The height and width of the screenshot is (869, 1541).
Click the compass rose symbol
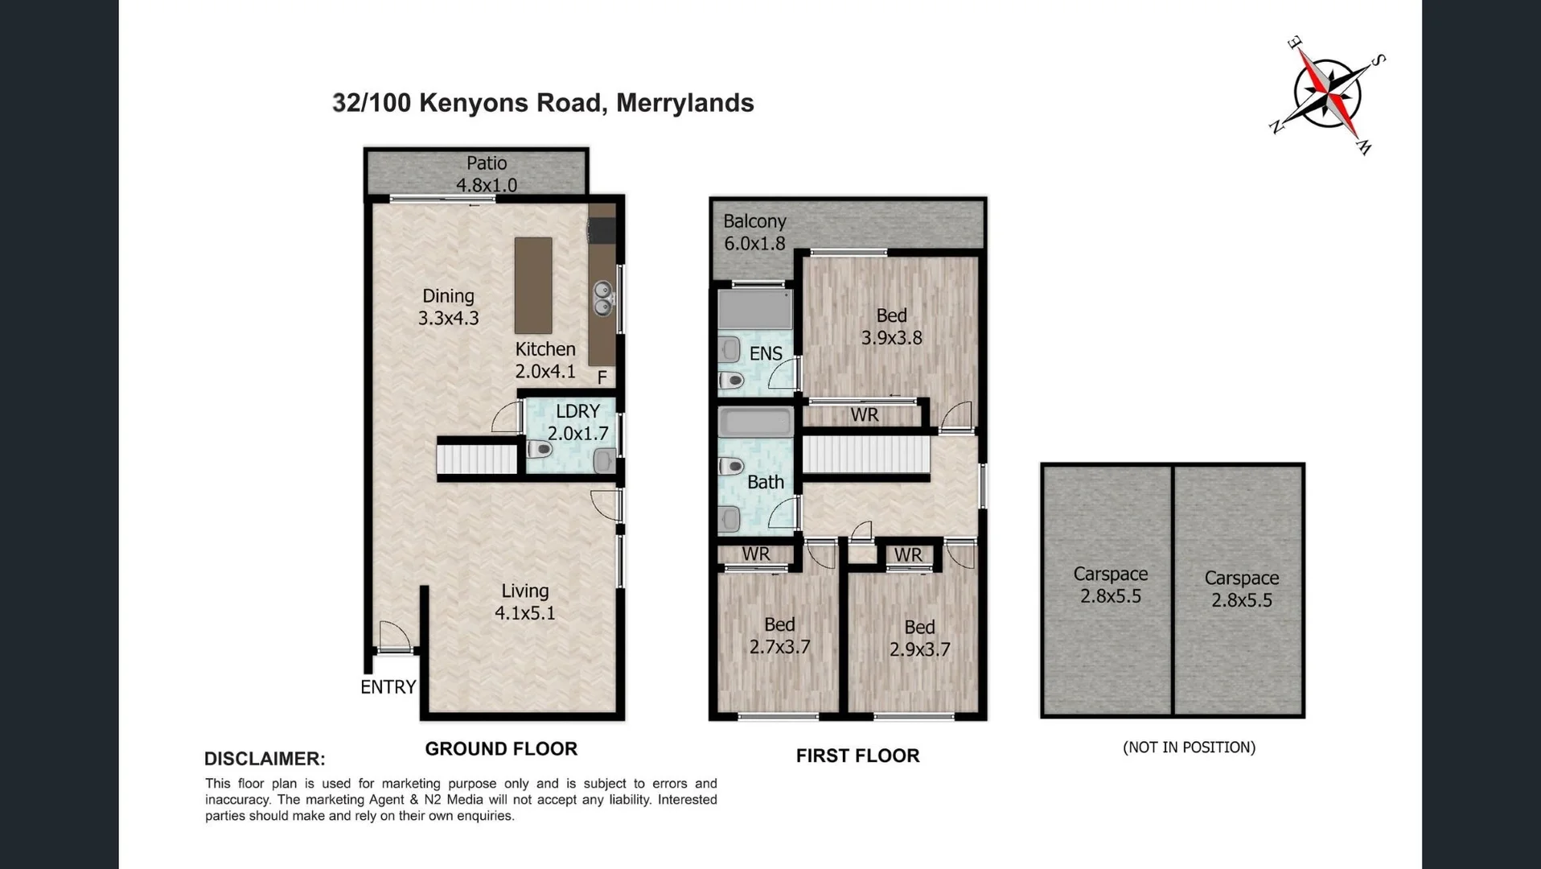point(1329,95)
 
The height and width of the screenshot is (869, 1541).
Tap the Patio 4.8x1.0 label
point(486,174)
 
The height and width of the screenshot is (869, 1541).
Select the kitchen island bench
point(533,285)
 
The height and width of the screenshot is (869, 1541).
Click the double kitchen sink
point(602,298)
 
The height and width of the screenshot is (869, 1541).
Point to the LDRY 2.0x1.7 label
point(577,422)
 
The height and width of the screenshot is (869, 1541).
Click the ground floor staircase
point(477,459)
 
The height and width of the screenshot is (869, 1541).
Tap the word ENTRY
point(388,687)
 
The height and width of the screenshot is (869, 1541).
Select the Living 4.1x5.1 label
point(524,602)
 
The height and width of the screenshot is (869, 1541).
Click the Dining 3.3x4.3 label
point(448,307)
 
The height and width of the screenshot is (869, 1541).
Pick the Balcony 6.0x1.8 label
point(754,233)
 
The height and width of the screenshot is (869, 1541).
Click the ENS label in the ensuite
point(765,354)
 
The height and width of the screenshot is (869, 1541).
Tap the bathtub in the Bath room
point(755,422)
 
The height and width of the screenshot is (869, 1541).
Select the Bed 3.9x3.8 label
point(891,327)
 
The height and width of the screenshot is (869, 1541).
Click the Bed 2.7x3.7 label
point(779,636)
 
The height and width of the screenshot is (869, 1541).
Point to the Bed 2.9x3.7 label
point(919,638)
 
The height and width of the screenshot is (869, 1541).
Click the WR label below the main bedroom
point(865,415)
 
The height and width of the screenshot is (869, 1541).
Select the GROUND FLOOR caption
point(501,749)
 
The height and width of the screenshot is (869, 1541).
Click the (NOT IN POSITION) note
point(1189,748)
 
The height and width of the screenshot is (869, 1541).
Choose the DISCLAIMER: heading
point(265,759)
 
